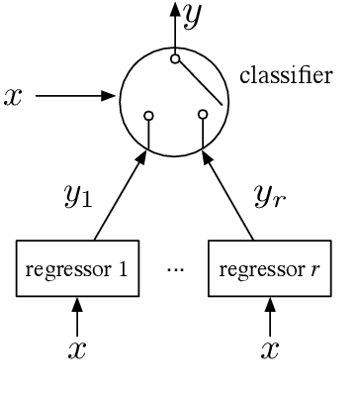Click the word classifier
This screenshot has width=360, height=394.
(286, 76)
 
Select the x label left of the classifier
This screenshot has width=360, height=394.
(13, 97)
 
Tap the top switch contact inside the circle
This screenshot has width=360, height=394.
(175, 59)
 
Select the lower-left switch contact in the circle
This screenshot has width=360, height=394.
(148, 115)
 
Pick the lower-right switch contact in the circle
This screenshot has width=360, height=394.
(203, 115)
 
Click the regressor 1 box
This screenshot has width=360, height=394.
(76, 268)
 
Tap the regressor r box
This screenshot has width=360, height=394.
(268, 268)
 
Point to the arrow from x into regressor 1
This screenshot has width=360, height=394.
(76, 316)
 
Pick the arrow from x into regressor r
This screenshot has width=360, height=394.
(268, 316)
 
